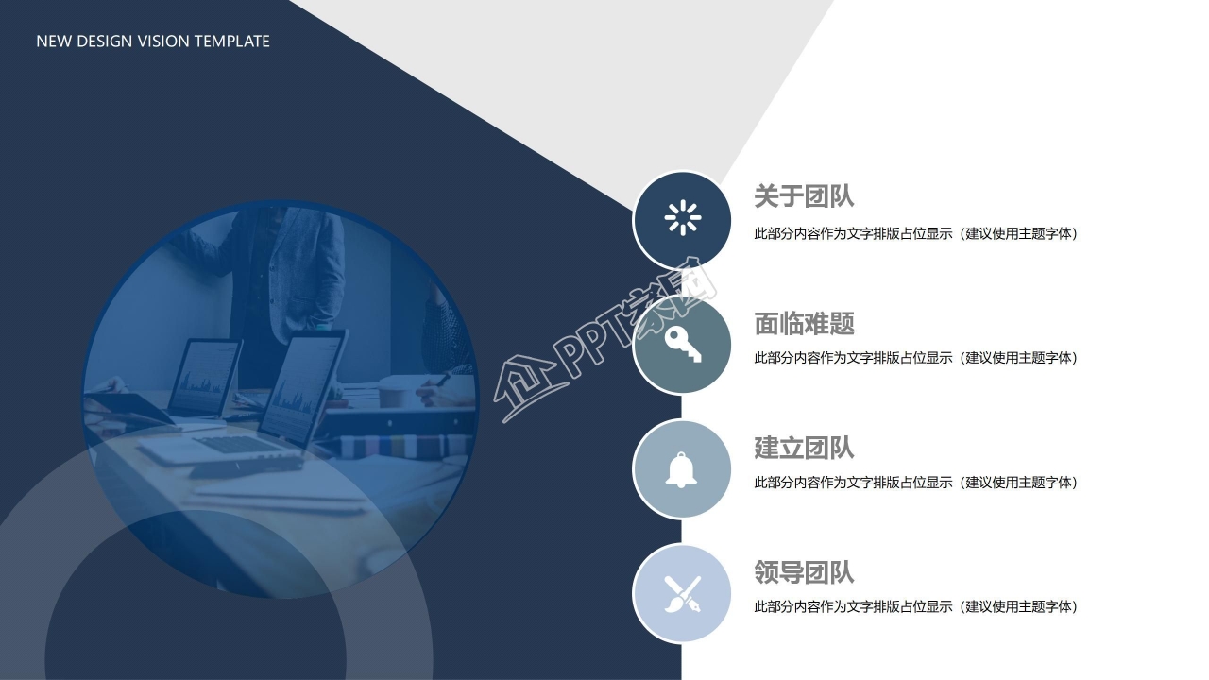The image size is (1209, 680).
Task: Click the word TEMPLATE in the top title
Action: pyautogui.click(x=231, y=42)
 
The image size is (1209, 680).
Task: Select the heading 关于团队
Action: pyautogui.click(x=804, y=195)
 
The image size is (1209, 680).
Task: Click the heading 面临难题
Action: pyautogui.click(x=804, y=323)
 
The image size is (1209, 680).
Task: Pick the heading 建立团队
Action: pyautogui.click(x=804, y=448)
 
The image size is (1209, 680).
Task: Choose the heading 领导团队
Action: pyautogui.click(x=804, y=572)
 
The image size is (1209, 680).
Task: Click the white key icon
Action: pyautogui.click(x=683, y=344)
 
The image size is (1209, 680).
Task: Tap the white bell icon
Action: pyautogui.click(x=681, y=470)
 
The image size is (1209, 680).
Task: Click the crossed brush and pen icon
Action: pyautogui.click(x=682, y=594)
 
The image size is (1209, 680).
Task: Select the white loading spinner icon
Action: pyautogui.click(x=683, y=218)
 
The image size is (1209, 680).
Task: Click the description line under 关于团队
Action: pyautogui.click(x=915, y=233)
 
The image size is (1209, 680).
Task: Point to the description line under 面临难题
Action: pyautogui.click(x=915, y=358)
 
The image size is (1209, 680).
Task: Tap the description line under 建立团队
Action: pyautogui.click(x=915, y=483)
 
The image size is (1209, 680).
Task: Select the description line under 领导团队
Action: pyautogui.click(x=915, y=606)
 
